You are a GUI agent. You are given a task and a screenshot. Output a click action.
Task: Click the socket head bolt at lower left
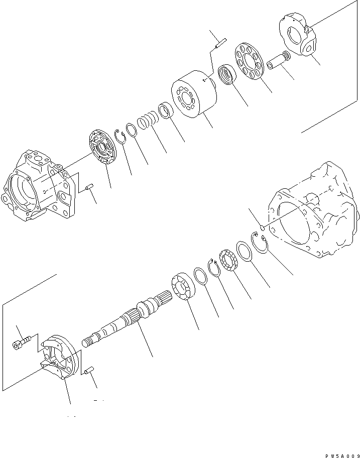[20, 344]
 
